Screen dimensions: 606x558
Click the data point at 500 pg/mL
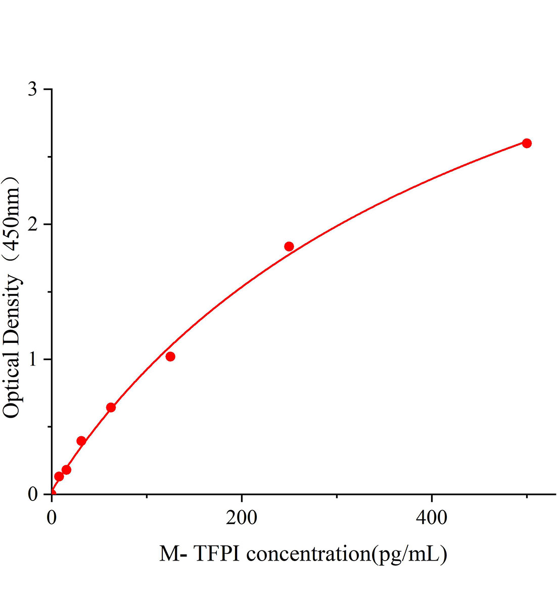[x=527, y=143]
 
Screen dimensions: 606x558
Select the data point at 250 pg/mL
[x=289, y=246]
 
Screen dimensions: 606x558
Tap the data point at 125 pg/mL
[x=170, y=357]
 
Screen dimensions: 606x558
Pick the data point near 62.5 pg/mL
[x=111, y=408]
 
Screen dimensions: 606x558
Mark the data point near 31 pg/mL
[x=81, y=441]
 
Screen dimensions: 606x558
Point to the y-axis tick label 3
[x=33, y=89]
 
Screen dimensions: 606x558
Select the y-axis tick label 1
[x=33, y=359]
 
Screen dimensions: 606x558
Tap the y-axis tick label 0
[x=33, y=494]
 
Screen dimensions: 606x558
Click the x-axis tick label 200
[x=242, y=518]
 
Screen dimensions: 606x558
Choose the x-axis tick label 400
[x=432, y=518]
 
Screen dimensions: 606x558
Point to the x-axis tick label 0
[x=52, y=518]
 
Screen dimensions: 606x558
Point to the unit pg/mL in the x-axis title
[x=409, y=554]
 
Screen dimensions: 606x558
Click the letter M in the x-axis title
[x=169, y=554]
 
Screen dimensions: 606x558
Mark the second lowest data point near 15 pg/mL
[x=66, y=470]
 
